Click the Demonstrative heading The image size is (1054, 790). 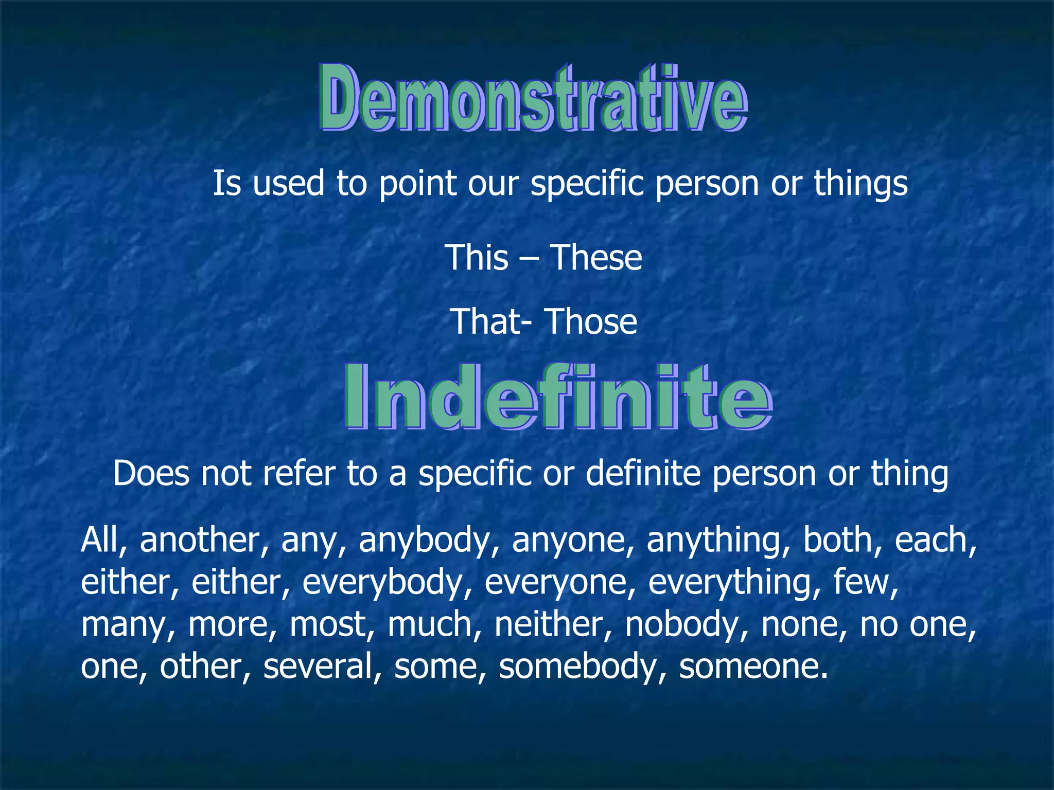(533, 98)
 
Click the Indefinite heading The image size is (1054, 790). (558, 397)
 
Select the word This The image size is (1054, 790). (477, 258)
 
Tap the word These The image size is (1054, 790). (596, 258)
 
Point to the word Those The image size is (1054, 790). (591, 322)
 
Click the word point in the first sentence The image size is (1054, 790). (417, 184)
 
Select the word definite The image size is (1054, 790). (643, 474)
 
